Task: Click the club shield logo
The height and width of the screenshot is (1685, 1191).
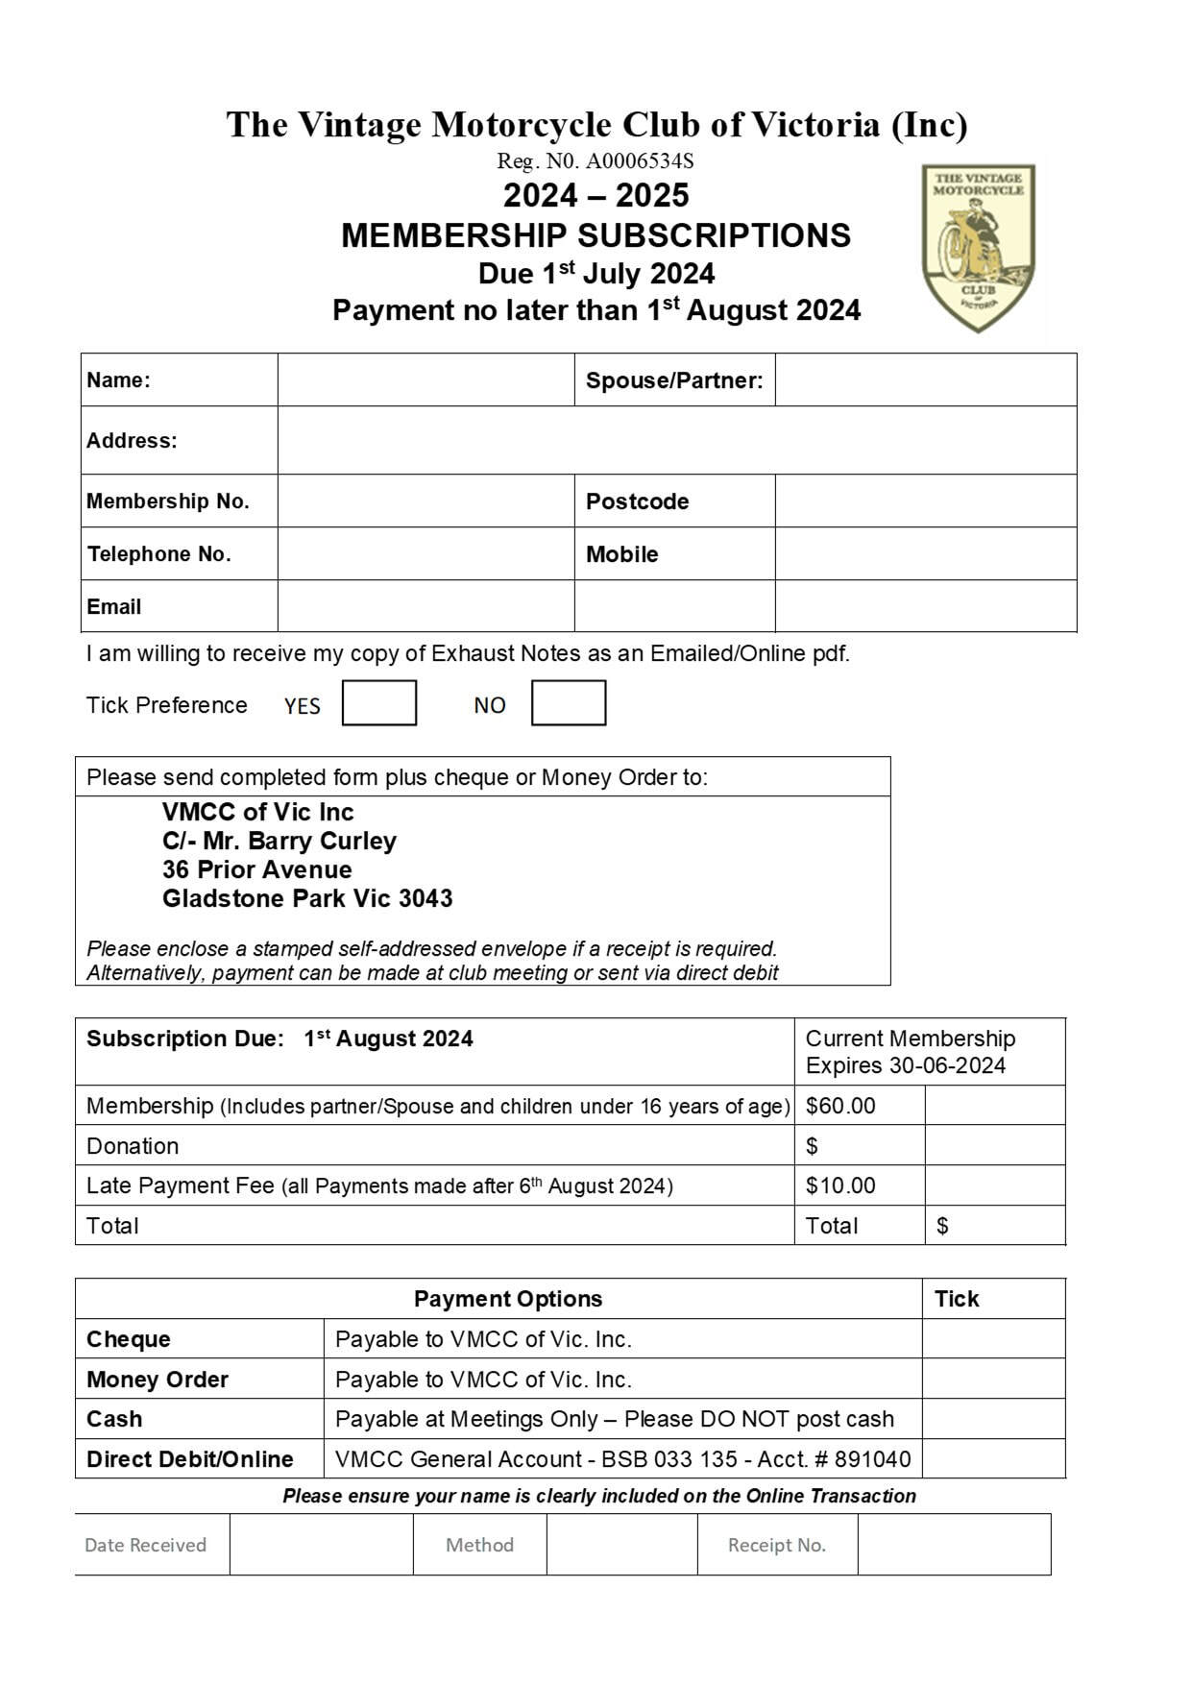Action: [978, 248]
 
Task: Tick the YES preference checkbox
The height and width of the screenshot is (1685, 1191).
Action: [379, 703]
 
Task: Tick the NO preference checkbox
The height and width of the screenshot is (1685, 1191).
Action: [569, 703]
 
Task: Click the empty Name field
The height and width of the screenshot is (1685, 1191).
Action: [425, 380]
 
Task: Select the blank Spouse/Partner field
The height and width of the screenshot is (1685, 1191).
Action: [925, 380]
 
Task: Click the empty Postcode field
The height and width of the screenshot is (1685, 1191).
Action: [925, 501]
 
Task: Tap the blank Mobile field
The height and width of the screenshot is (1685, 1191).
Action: [925, 553]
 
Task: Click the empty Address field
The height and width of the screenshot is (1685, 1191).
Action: [676, 440]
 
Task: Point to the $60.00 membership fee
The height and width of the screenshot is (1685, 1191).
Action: [840, 1106]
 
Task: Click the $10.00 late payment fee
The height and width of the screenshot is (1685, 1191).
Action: [840, 1185]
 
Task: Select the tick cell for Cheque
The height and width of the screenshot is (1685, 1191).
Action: [993, 1338]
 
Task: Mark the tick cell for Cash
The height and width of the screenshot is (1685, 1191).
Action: [993, 1419]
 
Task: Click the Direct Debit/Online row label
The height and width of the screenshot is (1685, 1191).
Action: [190, 1459]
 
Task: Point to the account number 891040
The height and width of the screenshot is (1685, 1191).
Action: [872, 1459]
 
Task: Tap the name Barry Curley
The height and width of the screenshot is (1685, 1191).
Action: [322, 841]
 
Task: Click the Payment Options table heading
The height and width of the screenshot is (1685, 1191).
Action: [507, 1299]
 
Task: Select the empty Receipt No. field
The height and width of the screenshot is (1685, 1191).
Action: [954, 1545]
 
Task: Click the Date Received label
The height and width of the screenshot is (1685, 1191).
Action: [145, 1545]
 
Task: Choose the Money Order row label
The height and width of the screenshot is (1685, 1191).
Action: [158, 1380]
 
